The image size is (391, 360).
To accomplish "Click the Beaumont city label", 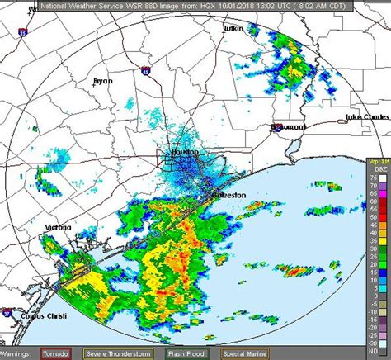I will [289, 127].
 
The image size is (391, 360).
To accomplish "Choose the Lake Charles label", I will [366, 117].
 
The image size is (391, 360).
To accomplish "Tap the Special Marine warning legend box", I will [243, 354].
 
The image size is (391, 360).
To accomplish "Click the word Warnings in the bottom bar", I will [17, 354].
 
